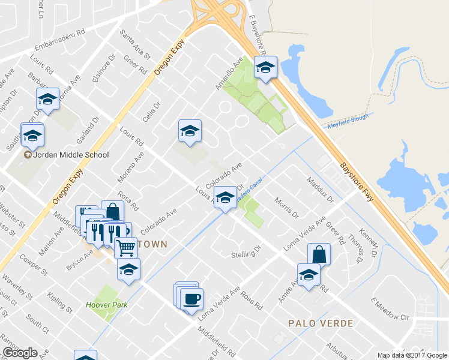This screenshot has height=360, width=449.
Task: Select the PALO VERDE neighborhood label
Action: pos(321,323)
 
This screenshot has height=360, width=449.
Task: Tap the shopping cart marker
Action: pos(125,247)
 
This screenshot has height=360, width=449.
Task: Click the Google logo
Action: pos(20,353)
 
